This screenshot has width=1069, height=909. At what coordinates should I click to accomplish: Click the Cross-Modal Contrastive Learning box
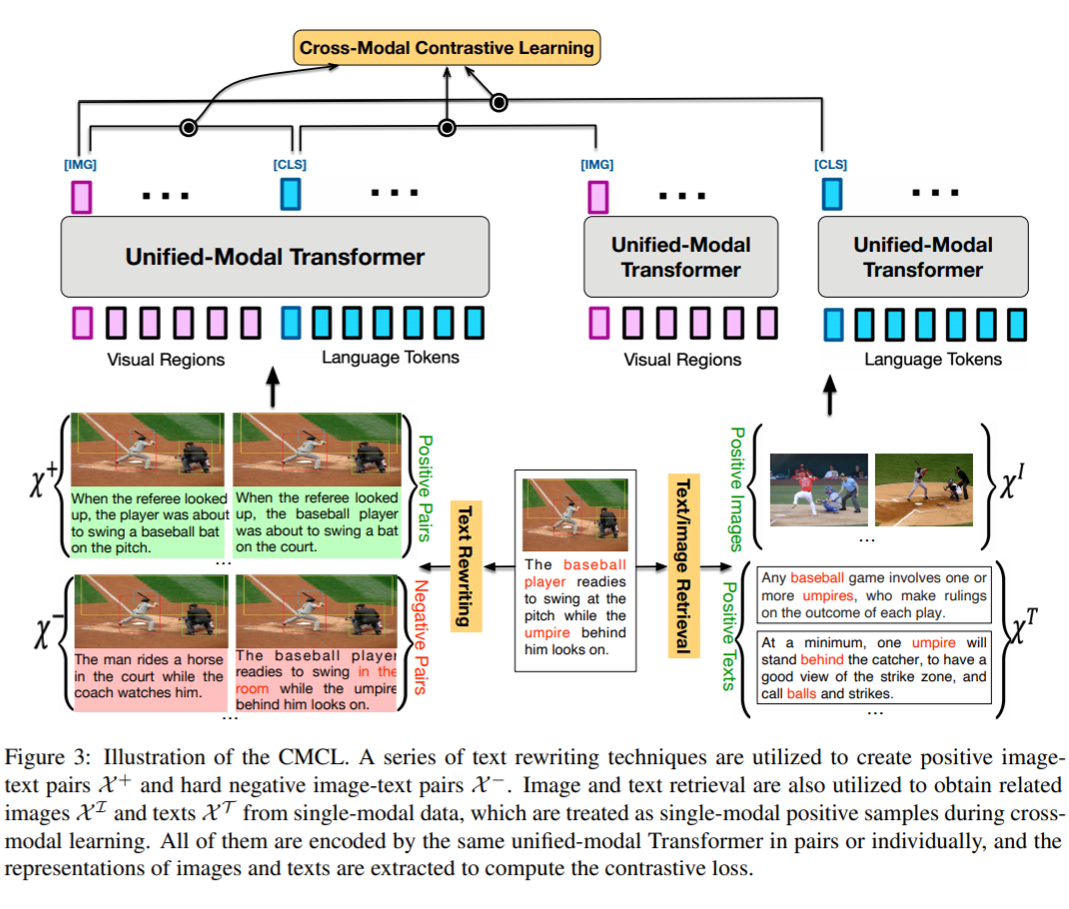(x=447, y=47)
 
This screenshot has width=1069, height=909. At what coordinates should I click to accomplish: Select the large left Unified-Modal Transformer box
(x=275, y=257)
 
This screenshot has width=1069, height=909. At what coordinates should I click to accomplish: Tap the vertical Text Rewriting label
(x=465, y=564)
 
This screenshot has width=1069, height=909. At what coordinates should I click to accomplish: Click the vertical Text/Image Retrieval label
(x=682, y=564)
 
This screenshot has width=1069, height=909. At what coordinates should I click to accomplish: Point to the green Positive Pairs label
(x=425, y=486)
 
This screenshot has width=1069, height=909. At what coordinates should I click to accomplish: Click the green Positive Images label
(x=737, y=488)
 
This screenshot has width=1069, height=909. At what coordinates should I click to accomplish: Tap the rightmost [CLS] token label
(x=830, y=164)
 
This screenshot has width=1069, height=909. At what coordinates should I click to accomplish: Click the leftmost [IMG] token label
(x=81, y=164)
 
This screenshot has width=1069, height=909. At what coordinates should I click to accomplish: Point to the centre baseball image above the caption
(x=575, y=513)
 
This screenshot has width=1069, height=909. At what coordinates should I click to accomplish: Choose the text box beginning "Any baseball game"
(x=874, y=595)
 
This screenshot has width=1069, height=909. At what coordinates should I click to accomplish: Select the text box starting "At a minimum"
(x=874, y=668)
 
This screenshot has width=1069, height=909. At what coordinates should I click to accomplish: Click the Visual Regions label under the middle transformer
(x=682, y=359)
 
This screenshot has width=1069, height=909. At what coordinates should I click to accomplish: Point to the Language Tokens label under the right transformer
(x=932, y=359)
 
